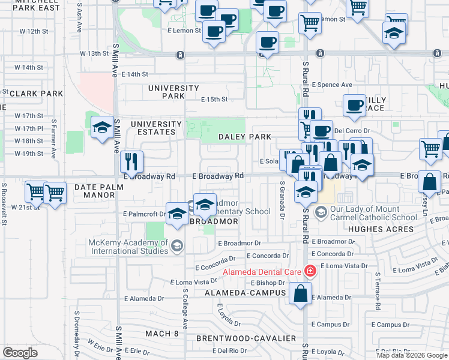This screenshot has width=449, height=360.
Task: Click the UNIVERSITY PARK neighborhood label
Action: click(x=173, y=92)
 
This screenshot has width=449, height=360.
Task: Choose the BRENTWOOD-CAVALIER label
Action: click(x=246, y=338)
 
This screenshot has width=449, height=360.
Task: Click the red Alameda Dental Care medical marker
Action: click(x=310, y=271)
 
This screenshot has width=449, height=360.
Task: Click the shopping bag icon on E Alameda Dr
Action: click(x=300, y=293)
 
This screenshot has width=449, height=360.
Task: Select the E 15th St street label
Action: click(x=214, y=100)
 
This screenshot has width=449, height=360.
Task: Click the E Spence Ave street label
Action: click(x=331, y=85)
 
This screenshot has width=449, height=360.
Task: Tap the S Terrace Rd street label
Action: click(x=378, y=293)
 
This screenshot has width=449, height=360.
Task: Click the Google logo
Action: click(x=20, y=353)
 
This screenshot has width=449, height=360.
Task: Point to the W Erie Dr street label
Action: click(x=100, y=344)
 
